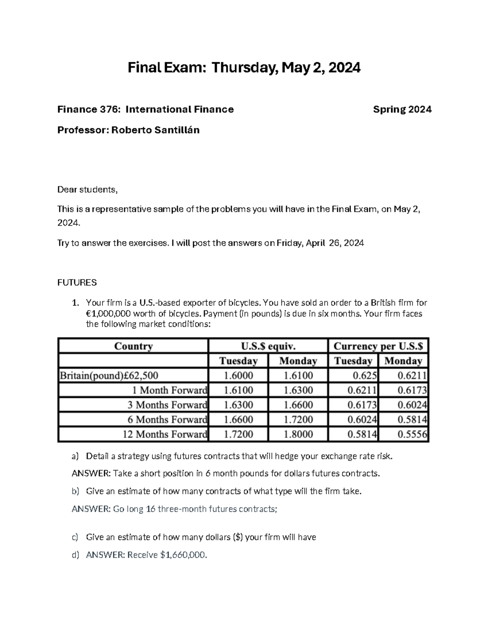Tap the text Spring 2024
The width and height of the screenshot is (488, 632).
pyautogui.click(x=402, y=109)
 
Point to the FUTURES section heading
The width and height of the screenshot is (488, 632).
pyautogui.click(x=77, y=282)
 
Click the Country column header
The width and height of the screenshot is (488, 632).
pyautogui.click(x=133, y=346)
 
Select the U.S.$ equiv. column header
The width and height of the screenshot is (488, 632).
pyautogui.click(x=268, y=346)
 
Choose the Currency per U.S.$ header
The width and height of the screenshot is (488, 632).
pyautogui.click(x=378, y=346)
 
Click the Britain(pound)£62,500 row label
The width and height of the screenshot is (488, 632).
pyautogui.click(x=109, y=375)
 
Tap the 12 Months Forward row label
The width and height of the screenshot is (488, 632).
pyautogui.click(x=165, y=434)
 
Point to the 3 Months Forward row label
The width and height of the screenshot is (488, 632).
pyautogui.click(x=167, y=405)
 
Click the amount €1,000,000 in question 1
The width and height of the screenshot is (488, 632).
pyautogui.click(x=109, y=314)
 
